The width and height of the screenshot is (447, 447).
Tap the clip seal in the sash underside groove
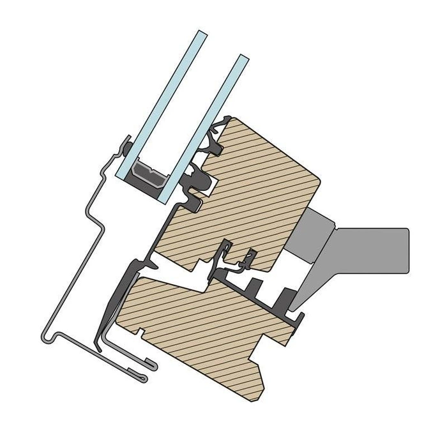click(227, 258)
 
